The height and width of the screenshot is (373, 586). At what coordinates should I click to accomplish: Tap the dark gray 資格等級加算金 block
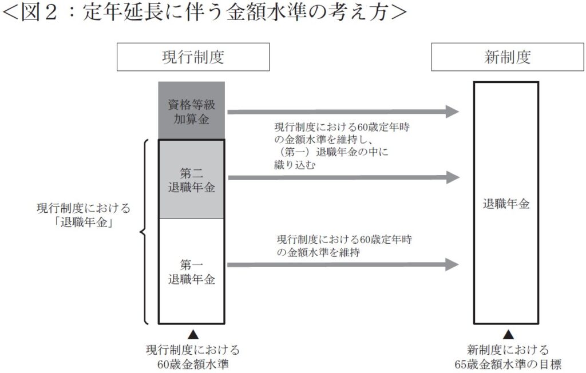[x=192, y=111]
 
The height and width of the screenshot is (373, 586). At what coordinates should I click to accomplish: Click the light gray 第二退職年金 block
[x=192, y=180]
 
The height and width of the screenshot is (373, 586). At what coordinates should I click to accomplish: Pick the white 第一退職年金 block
[x=192, y=272]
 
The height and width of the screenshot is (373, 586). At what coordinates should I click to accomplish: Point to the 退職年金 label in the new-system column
[x=506, y=204]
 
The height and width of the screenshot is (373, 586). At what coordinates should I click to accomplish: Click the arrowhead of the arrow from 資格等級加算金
[x=453, y=112]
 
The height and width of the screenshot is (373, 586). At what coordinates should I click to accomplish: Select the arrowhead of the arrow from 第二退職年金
[x=453, y=178]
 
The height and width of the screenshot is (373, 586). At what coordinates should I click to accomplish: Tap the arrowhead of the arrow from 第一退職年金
[x=453, y=264]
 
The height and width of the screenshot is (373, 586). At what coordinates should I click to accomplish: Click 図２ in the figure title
[x=39, y=13]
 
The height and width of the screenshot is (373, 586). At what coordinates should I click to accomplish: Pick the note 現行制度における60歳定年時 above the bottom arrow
[x=344, y=240]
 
